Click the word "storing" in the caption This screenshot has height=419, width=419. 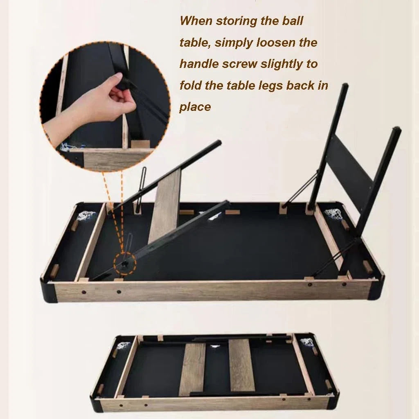coord(236,21)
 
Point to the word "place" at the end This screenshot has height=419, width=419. coord(195,107)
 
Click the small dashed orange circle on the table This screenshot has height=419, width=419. coord(125,264)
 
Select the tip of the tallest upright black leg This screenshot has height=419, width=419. coord(345,86)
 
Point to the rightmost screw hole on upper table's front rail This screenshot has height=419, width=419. coord(345,284)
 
